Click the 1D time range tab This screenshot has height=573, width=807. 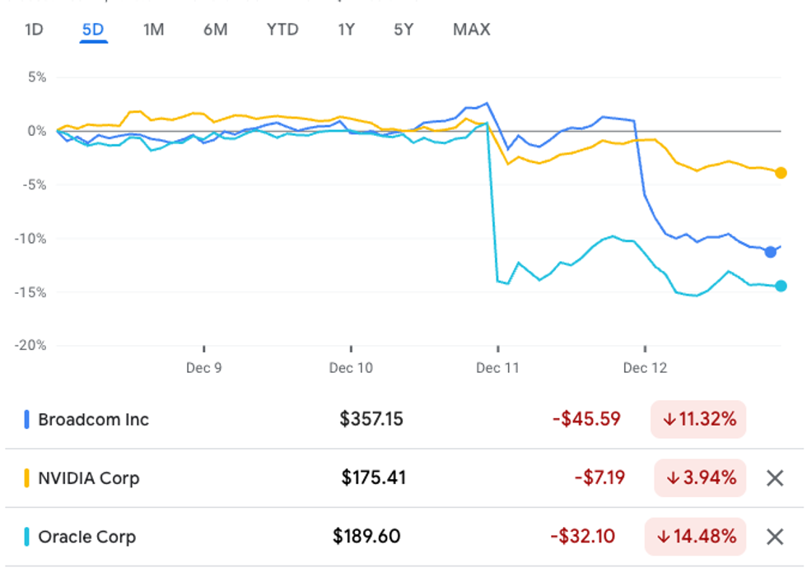point(34,30)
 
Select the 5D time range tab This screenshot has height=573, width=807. point(93,30)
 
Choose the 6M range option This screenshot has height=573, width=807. point(215,30)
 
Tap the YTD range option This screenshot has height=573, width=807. point(282,30)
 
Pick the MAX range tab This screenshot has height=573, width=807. point(471,30)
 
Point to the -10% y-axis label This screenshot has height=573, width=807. point(31,239)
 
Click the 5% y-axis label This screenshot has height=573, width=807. point(37,77)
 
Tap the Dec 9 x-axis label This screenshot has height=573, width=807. point(203,367)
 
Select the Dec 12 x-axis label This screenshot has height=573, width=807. point(645,367)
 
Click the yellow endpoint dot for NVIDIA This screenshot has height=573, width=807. point(781,173)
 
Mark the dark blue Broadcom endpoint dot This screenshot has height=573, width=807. point(770,252)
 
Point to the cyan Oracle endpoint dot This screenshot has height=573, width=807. point(781,286)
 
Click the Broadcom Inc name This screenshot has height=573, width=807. point(93,419)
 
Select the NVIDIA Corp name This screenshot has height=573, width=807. point(88,477)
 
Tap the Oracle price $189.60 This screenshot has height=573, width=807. point(366,537)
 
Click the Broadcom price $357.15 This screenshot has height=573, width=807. point(371,419)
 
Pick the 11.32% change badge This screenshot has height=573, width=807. point(698,419)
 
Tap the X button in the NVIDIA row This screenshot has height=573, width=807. point(775,477)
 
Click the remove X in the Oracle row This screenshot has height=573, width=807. point(775,537)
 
